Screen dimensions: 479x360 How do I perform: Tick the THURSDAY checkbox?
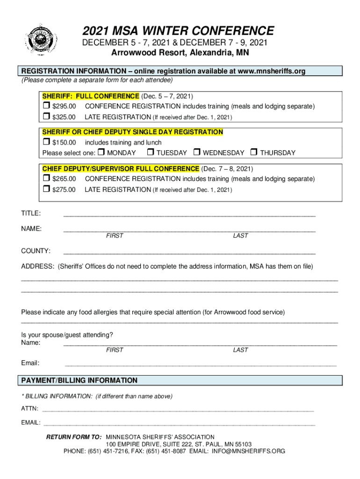coord(254,152)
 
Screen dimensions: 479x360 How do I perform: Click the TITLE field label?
coord(31,214)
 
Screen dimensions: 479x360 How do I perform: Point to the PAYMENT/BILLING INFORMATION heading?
coord(79,380)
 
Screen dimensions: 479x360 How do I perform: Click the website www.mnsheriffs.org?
coord(271,71)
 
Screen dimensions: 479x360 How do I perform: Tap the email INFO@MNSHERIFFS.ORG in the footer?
coord(248,451)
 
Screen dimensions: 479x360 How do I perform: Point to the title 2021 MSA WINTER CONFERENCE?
coord(179,31)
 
